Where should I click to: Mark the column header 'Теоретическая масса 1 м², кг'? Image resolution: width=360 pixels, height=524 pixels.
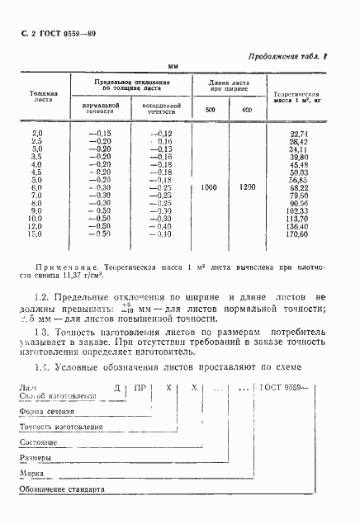[x=299, y=97]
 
